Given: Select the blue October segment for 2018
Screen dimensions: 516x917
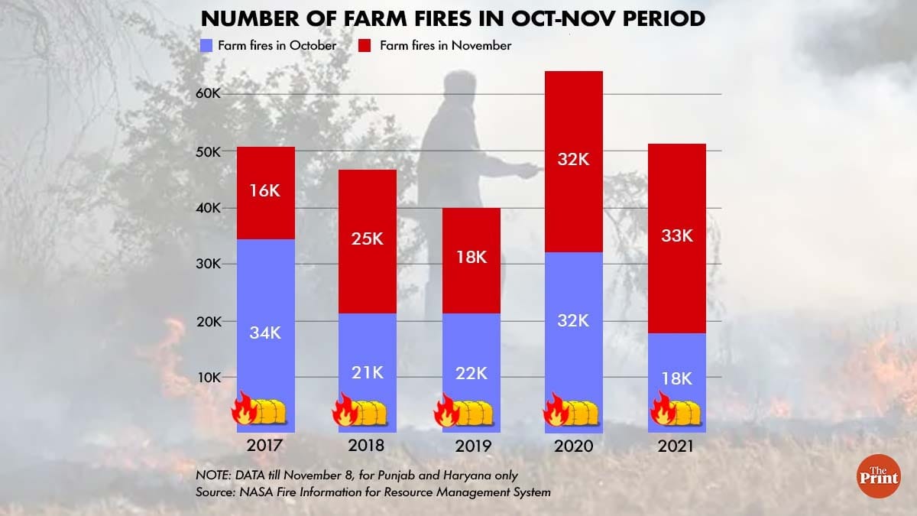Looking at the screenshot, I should point(368,336).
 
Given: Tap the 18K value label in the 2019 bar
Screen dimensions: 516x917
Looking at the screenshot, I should point(471,257).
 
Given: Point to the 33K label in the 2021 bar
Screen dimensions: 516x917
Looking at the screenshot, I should point(677,235).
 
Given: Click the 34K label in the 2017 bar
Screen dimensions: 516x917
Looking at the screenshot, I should point(266,332).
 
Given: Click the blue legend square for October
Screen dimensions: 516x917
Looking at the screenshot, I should point(206,45).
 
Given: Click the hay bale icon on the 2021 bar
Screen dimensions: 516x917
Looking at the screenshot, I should point(685,414).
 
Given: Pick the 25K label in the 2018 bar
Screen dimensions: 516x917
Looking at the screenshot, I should point(368,239).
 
